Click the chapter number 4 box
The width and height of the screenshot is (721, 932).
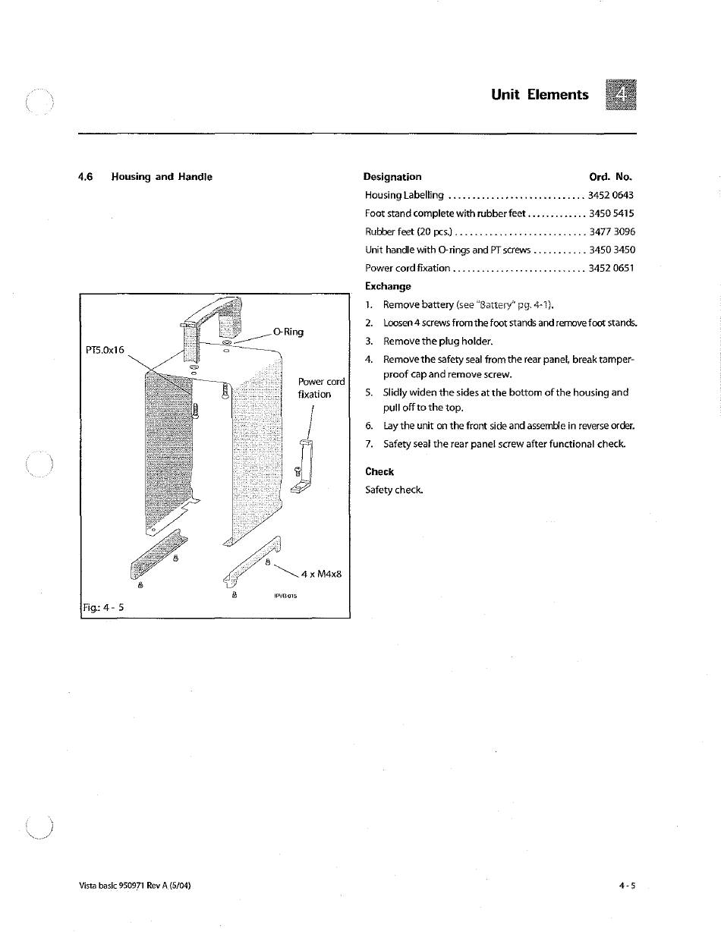(x=622, y=95)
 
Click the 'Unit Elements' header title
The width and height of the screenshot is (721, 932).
(x=539, y=95)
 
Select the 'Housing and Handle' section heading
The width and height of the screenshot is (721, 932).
(x=161, y=177)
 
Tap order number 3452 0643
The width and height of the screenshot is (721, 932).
(x=611, y=195)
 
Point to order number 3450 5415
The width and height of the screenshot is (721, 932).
(x=611, y=213)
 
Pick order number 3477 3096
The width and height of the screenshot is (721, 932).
(x=611, y=231)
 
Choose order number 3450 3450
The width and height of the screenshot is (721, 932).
(x=611, y=250)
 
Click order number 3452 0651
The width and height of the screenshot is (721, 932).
(x=611, y=268)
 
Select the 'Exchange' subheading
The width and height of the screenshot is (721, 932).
(x=388, y=286)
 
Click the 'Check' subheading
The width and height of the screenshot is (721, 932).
(x=379, y=471)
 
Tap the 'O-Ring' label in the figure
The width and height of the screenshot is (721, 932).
(x=288, y=332)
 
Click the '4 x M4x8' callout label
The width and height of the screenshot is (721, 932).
(x=321, y=574)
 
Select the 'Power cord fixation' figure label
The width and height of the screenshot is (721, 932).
(x=321, y=388)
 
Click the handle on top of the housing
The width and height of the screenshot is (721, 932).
(x=213, y=315)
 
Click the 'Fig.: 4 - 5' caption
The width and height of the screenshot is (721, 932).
(x=104, y=607)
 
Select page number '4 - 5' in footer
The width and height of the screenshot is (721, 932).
(x=627, y=885)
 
